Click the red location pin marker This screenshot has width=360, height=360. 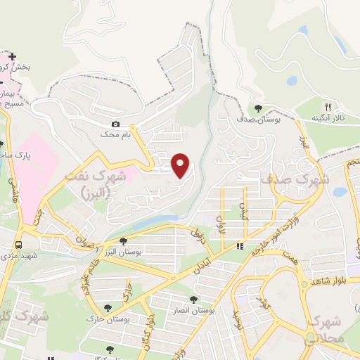(x=181, y=165)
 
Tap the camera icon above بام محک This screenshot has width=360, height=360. (x=116, y=124)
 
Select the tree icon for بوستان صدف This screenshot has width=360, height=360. (x=259, y=108)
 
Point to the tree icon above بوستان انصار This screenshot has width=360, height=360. (x=193, y=299)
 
